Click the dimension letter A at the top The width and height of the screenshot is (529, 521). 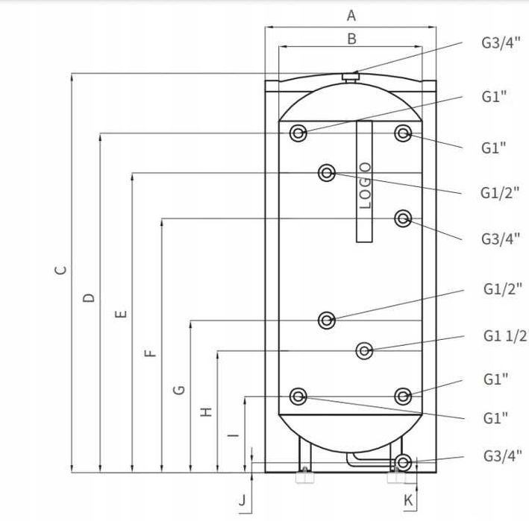coord(351,16)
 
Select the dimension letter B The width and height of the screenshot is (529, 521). coord(351,39)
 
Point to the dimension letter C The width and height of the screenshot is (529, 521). coord(60,270)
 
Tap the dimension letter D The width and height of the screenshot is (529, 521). coord(89,298)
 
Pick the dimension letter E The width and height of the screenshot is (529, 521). coord(121,314)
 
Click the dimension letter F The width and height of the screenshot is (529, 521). coord(151,353)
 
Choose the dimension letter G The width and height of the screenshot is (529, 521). coord(179,390)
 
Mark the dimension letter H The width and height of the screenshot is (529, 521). coord(206,412)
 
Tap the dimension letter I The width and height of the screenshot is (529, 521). coord(233,435)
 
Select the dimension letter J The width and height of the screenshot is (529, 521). coord(242,500)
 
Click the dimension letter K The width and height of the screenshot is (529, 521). coord(408,500)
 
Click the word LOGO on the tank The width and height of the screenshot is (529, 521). coord(365,186)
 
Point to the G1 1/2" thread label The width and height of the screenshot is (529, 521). coord(506,336)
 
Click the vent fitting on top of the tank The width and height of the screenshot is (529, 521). coord(350,78)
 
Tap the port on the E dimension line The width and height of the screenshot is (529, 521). coord(327,173)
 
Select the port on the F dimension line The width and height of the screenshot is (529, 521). coord(403,218)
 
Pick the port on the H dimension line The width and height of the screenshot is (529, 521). coord(364,351)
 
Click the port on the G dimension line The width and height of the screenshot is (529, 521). coord(327,321)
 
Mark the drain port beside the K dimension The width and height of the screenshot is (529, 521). coord(403,463)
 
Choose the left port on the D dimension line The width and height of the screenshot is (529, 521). coord(298,133)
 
